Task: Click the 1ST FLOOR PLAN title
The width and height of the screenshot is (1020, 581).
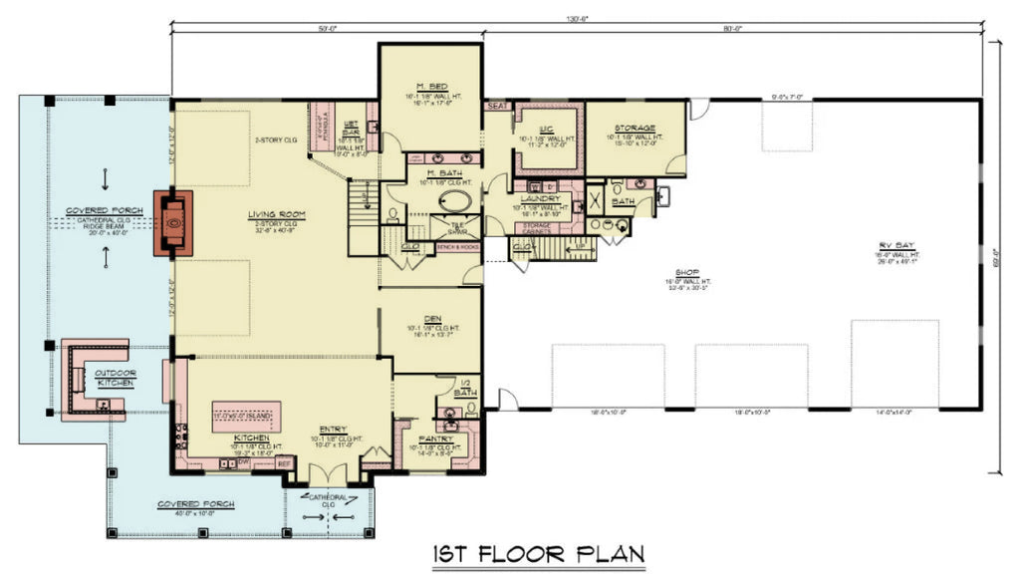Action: [x=538, y=553]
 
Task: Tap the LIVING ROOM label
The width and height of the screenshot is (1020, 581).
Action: [x=276, y=214]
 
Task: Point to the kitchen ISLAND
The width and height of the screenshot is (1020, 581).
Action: [x=247, y=415]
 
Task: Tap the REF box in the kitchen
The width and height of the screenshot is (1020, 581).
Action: [x=283, y=463]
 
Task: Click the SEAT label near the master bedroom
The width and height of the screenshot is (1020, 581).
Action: [x=495, y=105]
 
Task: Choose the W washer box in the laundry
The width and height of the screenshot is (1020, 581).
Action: [x=534, y=186]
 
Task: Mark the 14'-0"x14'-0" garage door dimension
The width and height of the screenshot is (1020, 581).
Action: [x=894, y=412]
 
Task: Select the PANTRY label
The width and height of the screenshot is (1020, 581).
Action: [x=436, y=438]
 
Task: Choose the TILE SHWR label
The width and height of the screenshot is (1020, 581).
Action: [x=458, y=228]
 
